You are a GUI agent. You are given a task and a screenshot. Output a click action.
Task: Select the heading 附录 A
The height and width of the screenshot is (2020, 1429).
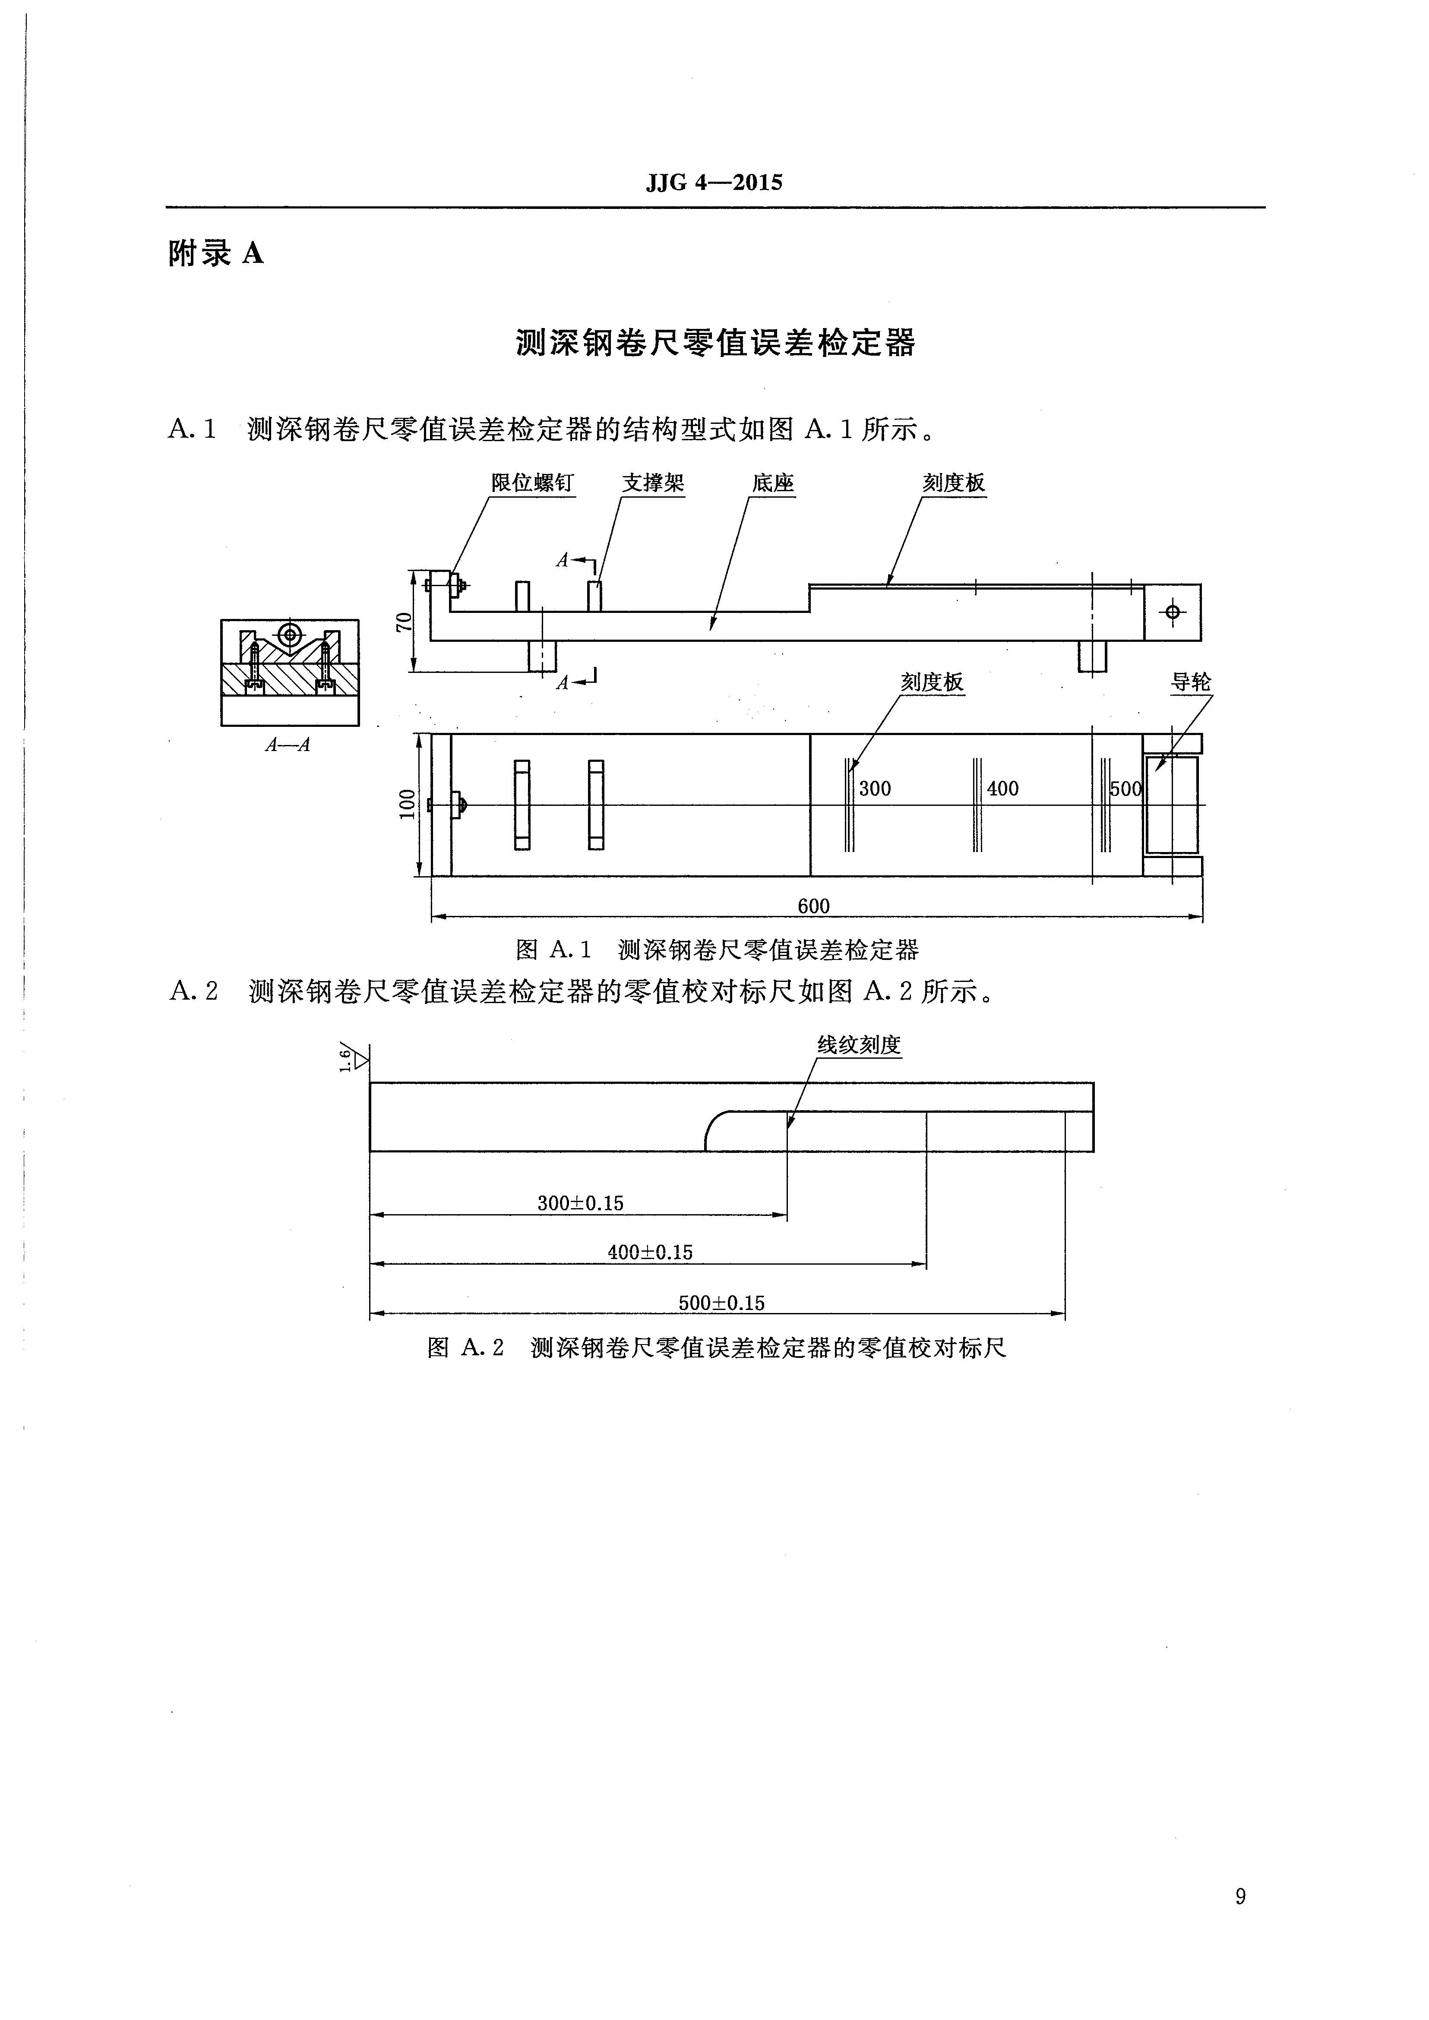215,254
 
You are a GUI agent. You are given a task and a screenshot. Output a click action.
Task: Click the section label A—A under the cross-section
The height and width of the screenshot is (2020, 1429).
288,745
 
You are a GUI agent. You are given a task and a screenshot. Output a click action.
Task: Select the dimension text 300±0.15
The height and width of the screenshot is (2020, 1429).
580,1203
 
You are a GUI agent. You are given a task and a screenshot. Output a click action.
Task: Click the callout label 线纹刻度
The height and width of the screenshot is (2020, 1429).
859,1045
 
